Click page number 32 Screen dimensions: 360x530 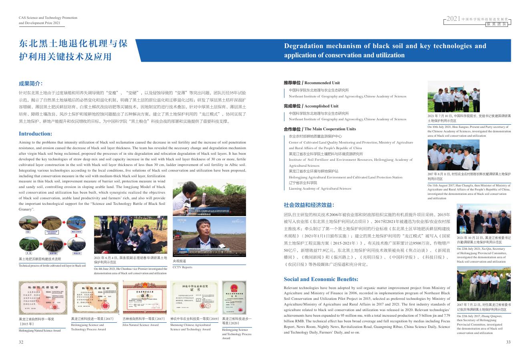[21, 342]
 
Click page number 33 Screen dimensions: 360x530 [508, 342]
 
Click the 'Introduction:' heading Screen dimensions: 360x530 [35, 133]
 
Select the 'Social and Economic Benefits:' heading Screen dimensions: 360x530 [321, 279]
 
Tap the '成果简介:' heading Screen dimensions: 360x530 [31, 84]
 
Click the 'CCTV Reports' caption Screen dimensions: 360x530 [182, 267]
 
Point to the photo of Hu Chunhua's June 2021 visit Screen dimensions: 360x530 [131, 235]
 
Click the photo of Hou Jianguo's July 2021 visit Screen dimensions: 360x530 [453, 97]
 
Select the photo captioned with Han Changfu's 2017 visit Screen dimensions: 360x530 [453, 155]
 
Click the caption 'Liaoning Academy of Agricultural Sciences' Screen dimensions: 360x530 [320, 188]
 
